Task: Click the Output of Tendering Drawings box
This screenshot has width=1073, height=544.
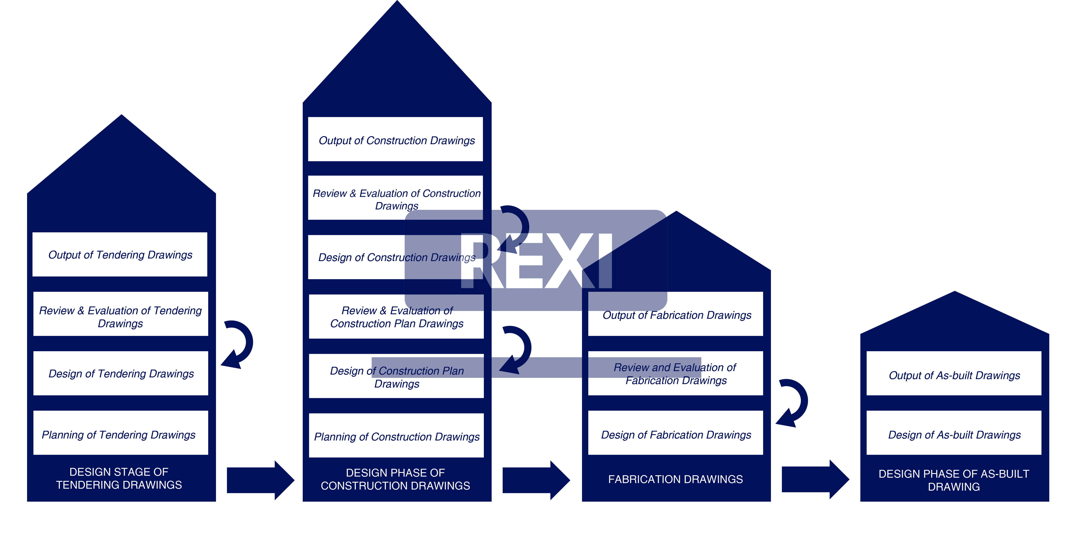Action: pyautogui.click(x=120, y=255)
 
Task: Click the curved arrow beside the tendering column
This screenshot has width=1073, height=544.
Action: pyautogui.click(x=240, y=344)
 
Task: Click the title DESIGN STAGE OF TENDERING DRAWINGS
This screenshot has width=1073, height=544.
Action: pyautogui.click(x=119, y=478)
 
